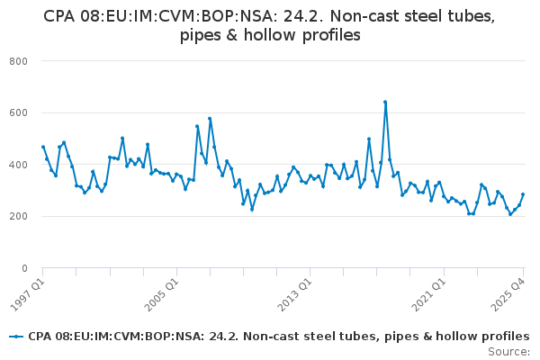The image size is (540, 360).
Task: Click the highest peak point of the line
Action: (385, 102)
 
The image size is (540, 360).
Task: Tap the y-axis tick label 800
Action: (18, 61)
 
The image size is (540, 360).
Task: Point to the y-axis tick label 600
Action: (18, 113)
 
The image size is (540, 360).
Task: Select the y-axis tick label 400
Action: (18, 165)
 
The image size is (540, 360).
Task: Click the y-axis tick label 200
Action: (18, 216)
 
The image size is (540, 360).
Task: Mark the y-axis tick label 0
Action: (24, 268)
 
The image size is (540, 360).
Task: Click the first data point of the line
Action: (43, 147)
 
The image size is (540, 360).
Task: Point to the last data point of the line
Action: (523, 194)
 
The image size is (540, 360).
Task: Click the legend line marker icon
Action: (16, 337)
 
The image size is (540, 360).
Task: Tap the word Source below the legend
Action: (507, 352)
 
